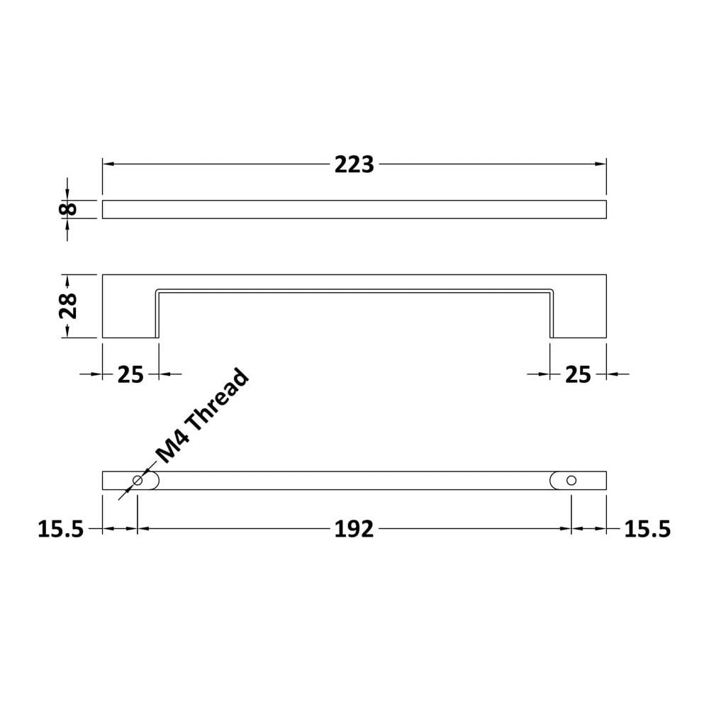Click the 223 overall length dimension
click(354, 164)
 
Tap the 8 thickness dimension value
click(68, 209)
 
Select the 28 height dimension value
click(68, 306)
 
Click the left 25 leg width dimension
click(130, 374)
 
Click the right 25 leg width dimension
click(578, 374)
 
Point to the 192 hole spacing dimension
click(354, 529)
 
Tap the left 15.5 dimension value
click(60, 529)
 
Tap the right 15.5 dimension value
click(647, 529)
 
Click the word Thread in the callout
click(218, 401)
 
